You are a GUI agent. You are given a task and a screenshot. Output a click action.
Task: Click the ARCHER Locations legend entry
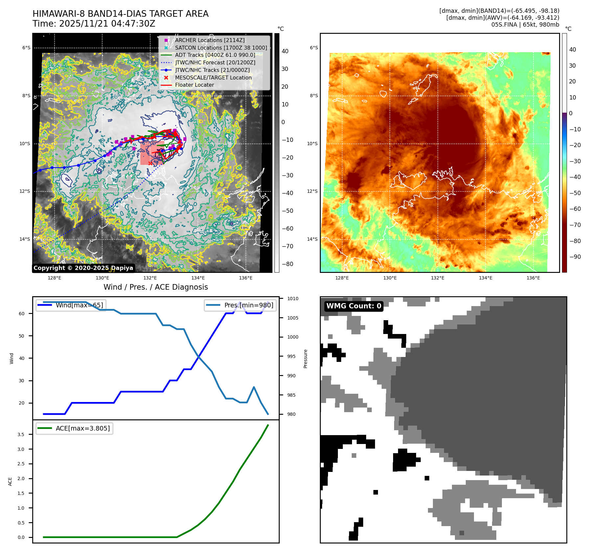click(210, 40)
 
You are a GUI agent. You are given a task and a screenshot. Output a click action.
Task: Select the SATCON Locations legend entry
click(221, 48)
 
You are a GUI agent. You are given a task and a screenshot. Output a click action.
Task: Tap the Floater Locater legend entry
click(194, 85)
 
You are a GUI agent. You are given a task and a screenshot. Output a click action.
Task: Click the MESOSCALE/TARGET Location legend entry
click(213, 78)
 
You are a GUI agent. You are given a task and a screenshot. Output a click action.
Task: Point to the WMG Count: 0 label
click(354, 306)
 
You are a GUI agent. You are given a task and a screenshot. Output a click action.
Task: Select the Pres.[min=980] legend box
click(240, 305)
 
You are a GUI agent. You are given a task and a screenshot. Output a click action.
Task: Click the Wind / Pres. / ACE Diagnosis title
click(156, 287)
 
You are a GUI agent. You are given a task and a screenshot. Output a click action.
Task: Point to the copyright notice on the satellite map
click(83, 268)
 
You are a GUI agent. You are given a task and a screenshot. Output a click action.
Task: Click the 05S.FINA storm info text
click(525, 25)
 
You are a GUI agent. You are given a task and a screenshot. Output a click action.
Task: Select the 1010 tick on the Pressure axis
click(293, 299)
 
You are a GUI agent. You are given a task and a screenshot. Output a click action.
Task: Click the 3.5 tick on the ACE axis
click(21, 434)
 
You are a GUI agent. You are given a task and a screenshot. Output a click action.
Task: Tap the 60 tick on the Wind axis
click(22, 314)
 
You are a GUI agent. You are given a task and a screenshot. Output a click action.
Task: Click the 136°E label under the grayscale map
click(246, 278)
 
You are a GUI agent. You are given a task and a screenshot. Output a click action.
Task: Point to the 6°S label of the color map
click(314, 48)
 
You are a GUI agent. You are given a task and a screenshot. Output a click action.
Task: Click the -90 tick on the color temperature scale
click(575, 257)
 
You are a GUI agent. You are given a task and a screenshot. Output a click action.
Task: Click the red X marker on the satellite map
click(150, 163)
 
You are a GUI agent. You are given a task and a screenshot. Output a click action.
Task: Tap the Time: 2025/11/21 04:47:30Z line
click(94, 24)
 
